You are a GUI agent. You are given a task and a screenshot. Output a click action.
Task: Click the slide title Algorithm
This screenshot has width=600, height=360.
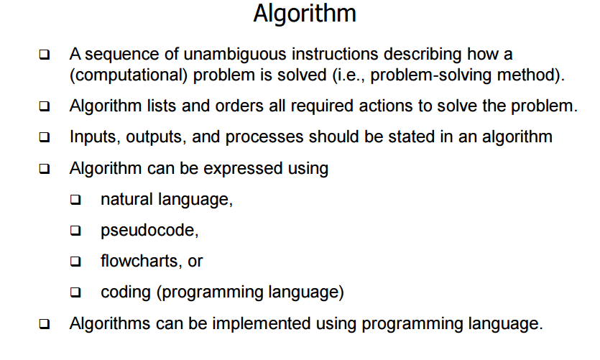305,14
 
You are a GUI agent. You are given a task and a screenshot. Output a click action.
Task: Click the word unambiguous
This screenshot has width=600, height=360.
235,54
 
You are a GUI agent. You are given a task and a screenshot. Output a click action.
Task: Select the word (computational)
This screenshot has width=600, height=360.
129,75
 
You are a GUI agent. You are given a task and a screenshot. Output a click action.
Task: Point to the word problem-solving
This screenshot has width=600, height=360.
431,75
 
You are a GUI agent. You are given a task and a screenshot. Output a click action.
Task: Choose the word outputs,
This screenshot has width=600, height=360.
156,137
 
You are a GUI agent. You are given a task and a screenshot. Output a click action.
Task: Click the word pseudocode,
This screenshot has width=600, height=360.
149,231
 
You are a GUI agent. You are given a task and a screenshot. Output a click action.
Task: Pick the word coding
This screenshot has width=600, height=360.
126,292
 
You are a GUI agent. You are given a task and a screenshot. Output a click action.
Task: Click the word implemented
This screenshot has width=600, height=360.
262,323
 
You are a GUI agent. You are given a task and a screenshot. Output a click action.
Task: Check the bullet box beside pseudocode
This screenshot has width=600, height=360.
75,231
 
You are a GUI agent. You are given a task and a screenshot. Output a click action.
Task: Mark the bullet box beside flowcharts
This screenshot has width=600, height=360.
75,262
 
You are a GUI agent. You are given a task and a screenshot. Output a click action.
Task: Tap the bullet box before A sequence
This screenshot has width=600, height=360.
45,55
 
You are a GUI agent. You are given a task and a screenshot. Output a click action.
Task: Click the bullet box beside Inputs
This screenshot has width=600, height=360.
45,137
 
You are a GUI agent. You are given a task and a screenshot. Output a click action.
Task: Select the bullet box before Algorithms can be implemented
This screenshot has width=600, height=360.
45,324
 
